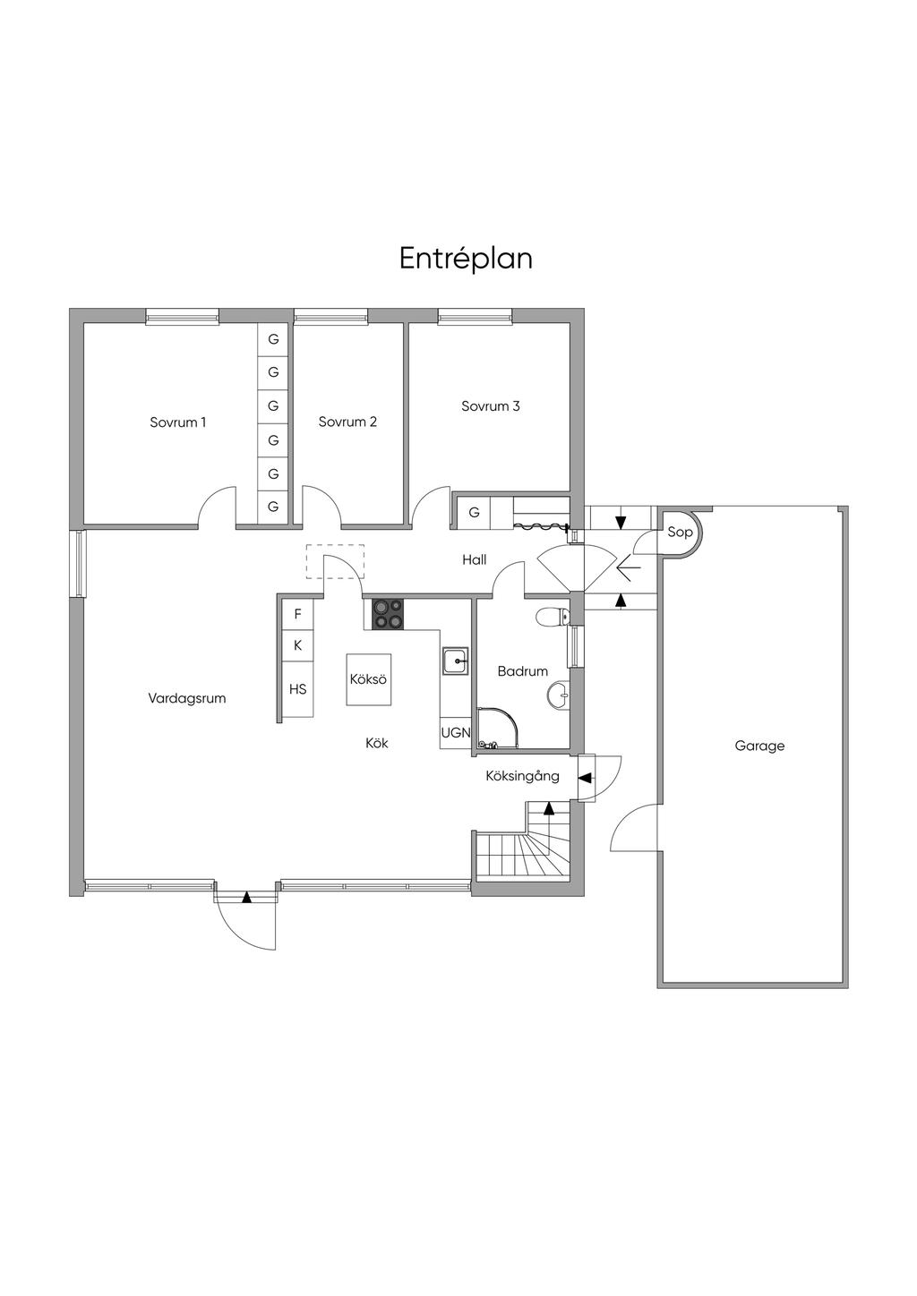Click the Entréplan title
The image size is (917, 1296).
tap(466, 259)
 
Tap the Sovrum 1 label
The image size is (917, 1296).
tap(177, 422)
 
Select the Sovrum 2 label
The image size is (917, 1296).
tap(347, 422)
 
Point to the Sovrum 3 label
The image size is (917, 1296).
tap(491, 406)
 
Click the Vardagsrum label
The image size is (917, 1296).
tap(187, 698)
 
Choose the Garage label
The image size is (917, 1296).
tap(759, 746)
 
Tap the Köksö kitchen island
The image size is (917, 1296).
tap(368, 679)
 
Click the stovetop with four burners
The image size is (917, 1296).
tap(387, 614)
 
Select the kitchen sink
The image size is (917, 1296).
tap(457, 661)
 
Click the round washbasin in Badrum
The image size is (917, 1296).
tap(558, 695)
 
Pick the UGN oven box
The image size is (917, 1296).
tap(456, 733)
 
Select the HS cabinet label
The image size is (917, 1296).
tap(297, 689)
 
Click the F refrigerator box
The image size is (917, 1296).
tap(297, 614)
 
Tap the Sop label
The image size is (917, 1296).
tap(680, 532)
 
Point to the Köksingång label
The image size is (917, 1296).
tap(522, 777)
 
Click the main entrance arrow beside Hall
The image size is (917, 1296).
tap(629, 568)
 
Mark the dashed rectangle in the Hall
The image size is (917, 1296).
tap(335, 561)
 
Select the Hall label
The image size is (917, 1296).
tap(474, 559)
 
